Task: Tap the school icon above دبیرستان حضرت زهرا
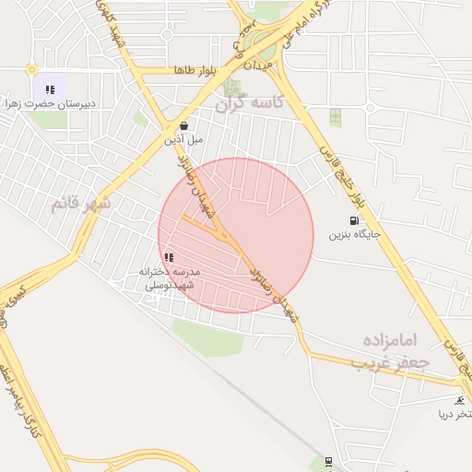tap(50, 89)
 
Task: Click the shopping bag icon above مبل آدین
tap(184, 126)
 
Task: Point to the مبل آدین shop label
tap(184, 140)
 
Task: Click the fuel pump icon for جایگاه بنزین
tap(355, 220)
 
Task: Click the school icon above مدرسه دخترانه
tap(168, 258)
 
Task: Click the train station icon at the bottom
tap(328, 461)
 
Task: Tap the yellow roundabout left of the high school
tap(31, 69)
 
